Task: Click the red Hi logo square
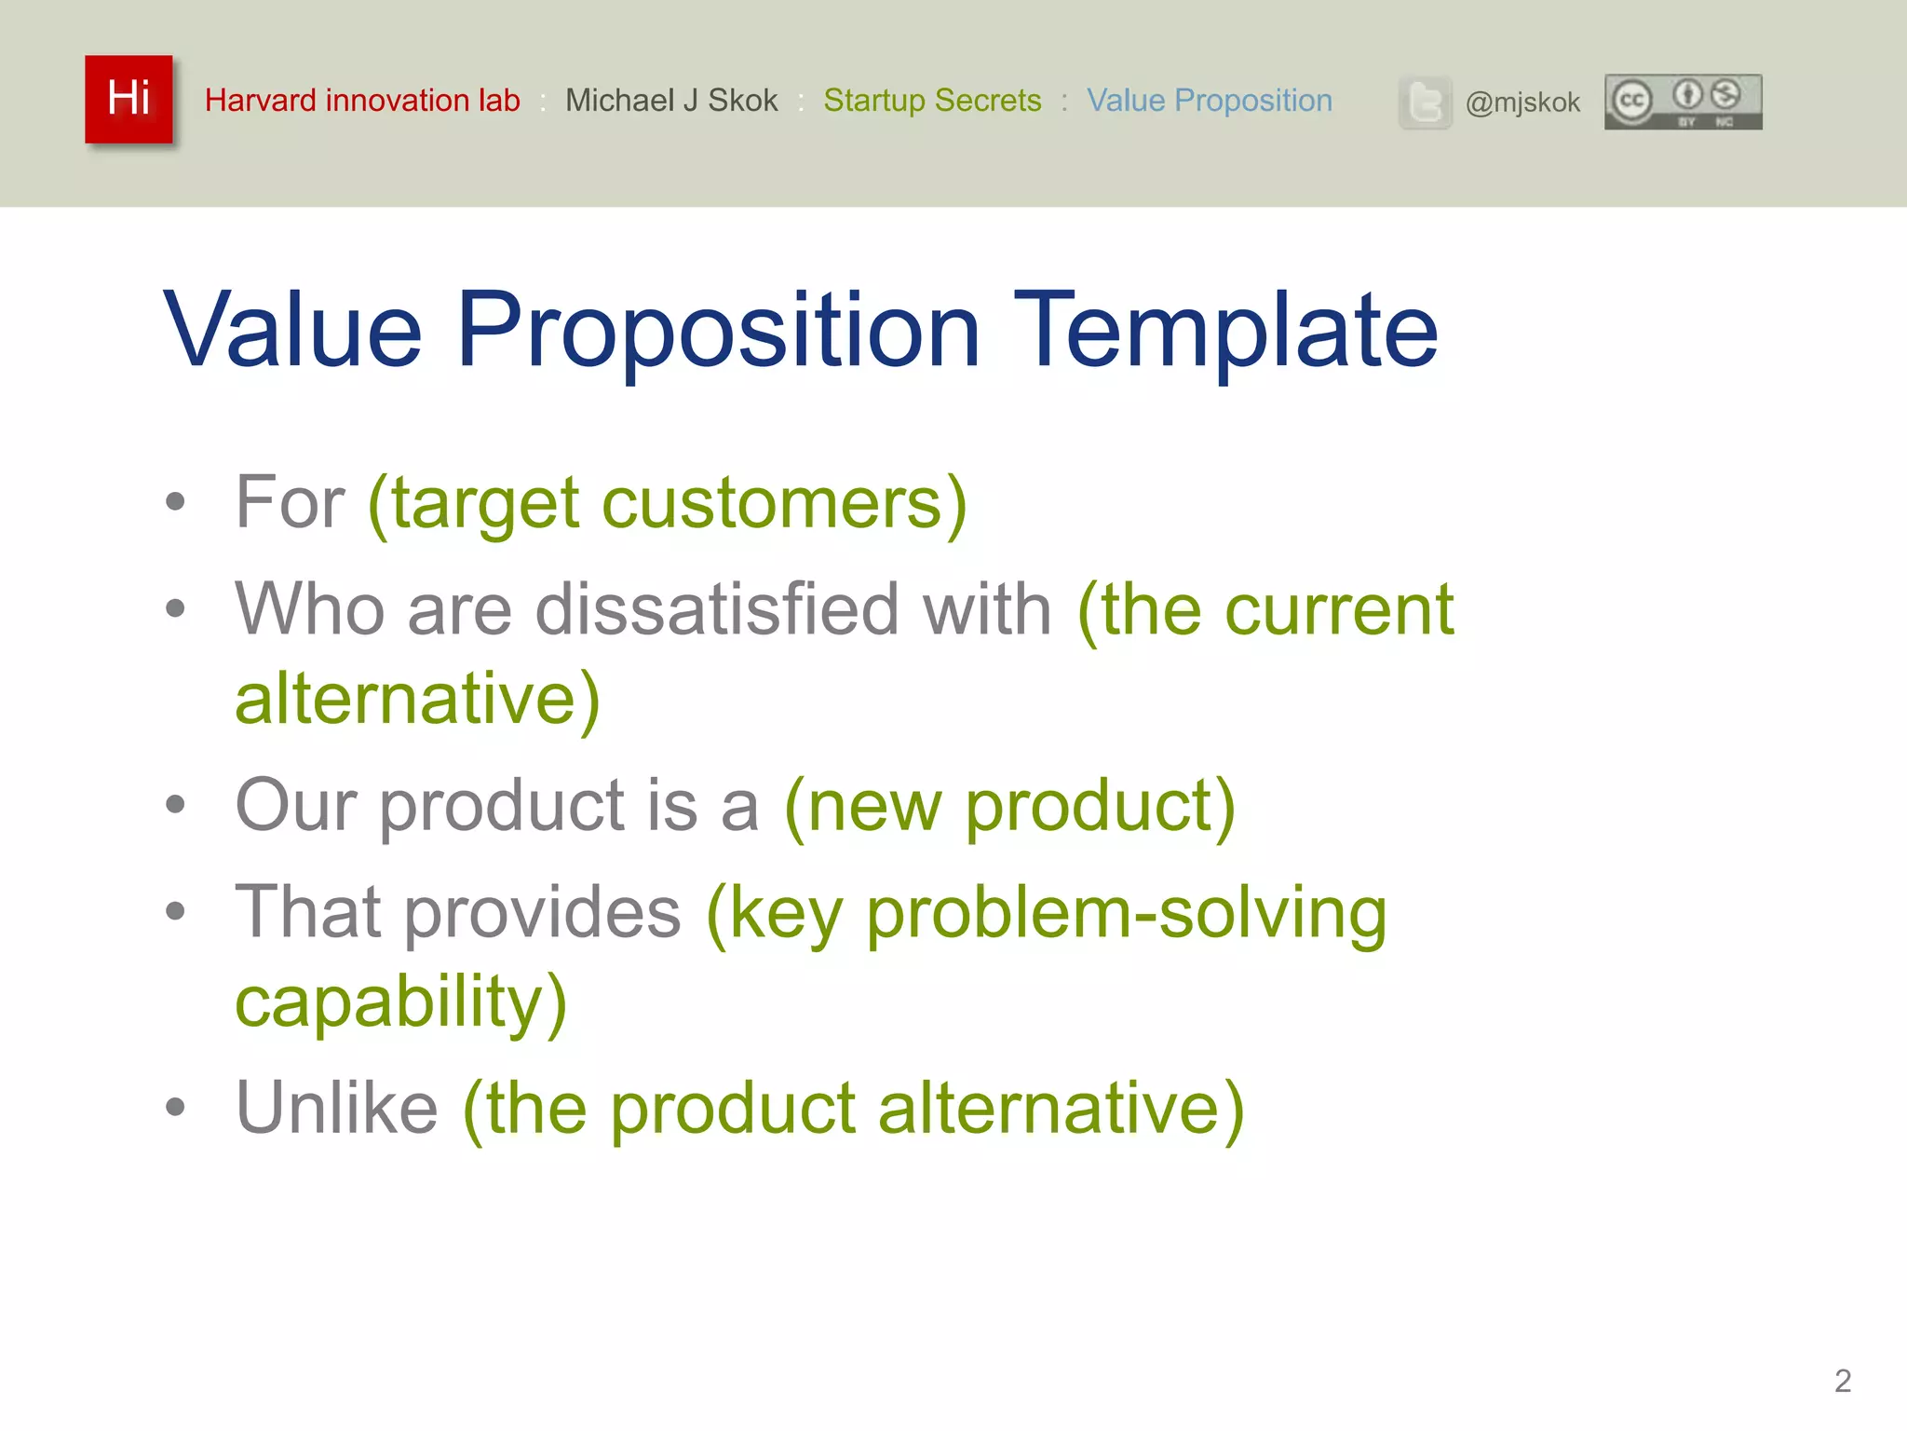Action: tap(128, 99)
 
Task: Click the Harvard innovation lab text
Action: tap(362, 100)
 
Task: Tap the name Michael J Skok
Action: tap(671, 100)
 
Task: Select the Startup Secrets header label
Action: tap(932, 100)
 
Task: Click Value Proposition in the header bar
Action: tap(1209, 100)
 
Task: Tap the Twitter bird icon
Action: tap(1425, 102)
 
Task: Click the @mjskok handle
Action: tap(1522, 102)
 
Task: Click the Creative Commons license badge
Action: tap(1683, 102)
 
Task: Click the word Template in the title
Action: tap(1226, 331)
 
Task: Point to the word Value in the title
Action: tap(293, 331)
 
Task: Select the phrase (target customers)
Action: tap(668, 504)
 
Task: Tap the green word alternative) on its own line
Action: tap(417, 699)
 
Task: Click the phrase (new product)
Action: tap(1009, 807)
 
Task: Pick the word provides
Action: tap(543, 913)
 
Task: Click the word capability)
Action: tap(400, 1002)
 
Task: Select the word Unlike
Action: tap(336, 1109)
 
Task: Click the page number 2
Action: tap(1842, 1381)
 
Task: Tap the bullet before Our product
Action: tap(175, 804)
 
